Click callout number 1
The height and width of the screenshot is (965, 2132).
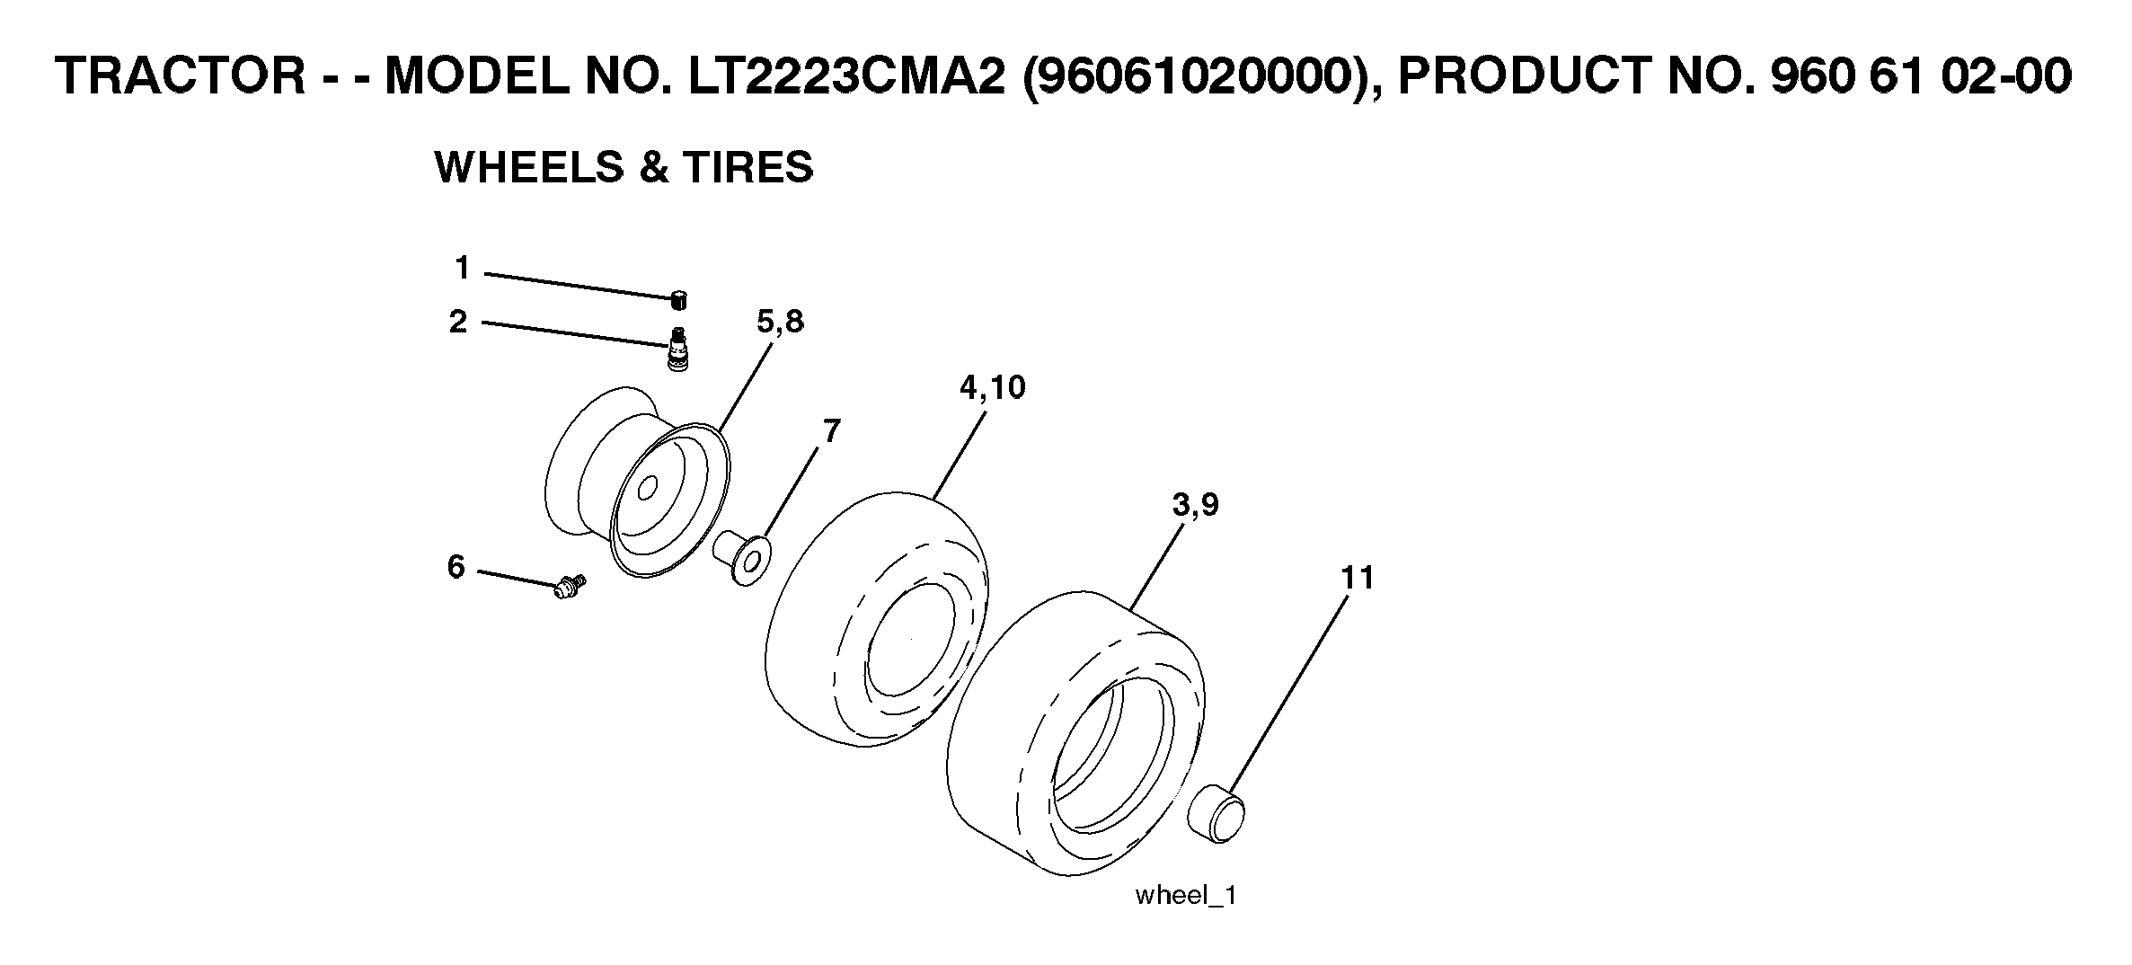pyautogui.click(x=462, y=268)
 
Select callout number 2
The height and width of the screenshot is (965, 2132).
pyautogui.click(x=459, y=322)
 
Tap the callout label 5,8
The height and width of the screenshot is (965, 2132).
pyautogui.click(x=780, y=322)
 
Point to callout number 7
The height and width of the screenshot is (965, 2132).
pyautogui.click(x=832, y=431)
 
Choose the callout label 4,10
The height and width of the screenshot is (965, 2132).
pyautogui.click(x=992, y=387)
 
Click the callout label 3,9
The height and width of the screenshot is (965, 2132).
pyautogui.click(x=1196, y=505)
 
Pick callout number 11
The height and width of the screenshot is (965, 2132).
pyautogui.click(x=1358, y=578)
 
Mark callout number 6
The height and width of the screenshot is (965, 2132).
pyautogui.click(x=456, y=567)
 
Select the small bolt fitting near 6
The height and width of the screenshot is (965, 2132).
pyautogui.click(x=570, y=588)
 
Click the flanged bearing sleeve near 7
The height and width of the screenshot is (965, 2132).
pyautogui.click(x=742, y=557)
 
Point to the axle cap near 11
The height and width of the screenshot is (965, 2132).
pyautogui.click(x=1217, y=812)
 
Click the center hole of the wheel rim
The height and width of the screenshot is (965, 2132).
pyautogui.click(x=646, y=490)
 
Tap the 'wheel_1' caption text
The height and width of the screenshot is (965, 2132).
pyautogui.click(x=1186, y=896)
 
